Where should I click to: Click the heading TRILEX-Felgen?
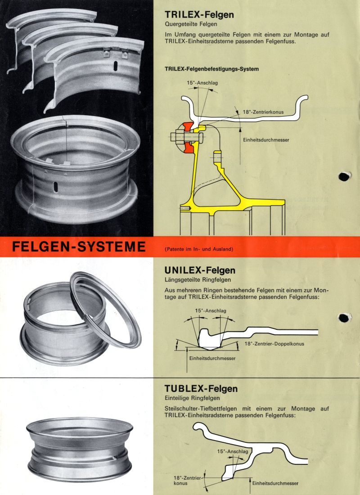(199, 14)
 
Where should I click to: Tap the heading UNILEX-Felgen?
(200, 270)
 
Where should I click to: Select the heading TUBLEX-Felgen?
(201, 388)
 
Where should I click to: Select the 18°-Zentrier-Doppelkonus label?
(274, 344)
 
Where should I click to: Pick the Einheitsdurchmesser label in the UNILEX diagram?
(212, 358)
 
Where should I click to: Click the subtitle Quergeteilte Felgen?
(190, 24)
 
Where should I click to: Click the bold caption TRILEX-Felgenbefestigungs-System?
(211, 69)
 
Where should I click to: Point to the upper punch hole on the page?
(344, 176)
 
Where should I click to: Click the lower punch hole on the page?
(344, 318)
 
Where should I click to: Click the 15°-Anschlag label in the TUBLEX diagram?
(230, 451)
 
